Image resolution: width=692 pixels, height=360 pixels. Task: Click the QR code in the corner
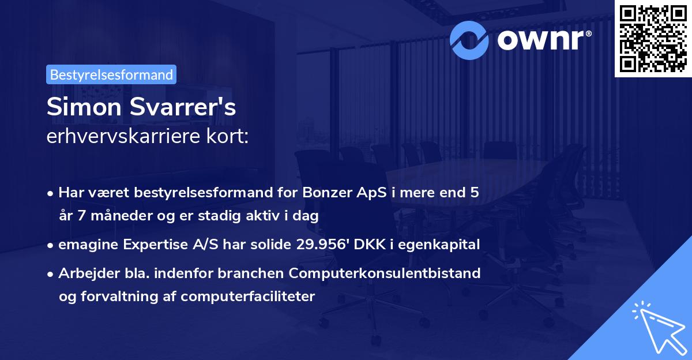pos(653,39)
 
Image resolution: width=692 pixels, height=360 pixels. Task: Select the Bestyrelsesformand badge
pos(111,74)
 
